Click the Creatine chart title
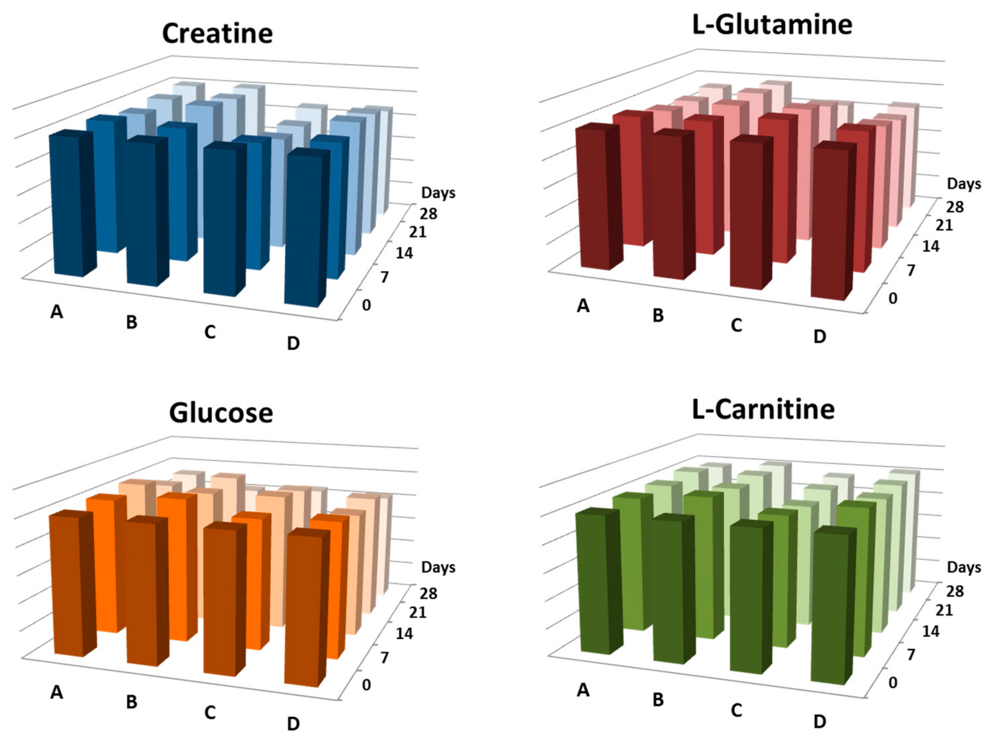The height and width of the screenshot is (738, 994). (217, 34)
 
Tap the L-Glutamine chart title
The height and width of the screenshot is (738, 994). (772, 25)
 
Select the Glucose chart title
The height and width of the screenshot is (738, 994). (221, 413)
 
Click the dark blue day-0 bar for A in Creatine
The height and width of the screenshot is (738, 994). (67, 206)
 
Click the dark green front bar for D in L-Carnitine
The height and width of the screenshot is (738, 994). (829, 607)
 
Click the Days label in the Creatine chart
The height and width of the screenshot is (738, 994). (438, 193)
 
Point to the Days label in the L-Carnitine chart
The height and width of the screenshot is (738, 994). (964, 567)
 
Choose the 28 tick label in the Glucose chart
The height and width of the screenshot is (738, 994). (428, 593)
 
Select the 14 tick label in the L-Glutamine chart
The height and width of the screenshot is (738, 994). (930, 246)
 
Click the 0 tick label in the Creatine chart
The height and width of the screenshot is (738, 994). (366, 305)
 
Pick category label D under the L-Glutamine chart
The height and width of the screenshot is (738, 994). (820, 337)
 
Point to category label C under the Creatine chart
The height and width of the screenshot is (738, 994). (210, 332)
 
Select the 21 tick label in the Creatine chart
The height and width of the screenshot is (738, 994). (417, 232)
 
